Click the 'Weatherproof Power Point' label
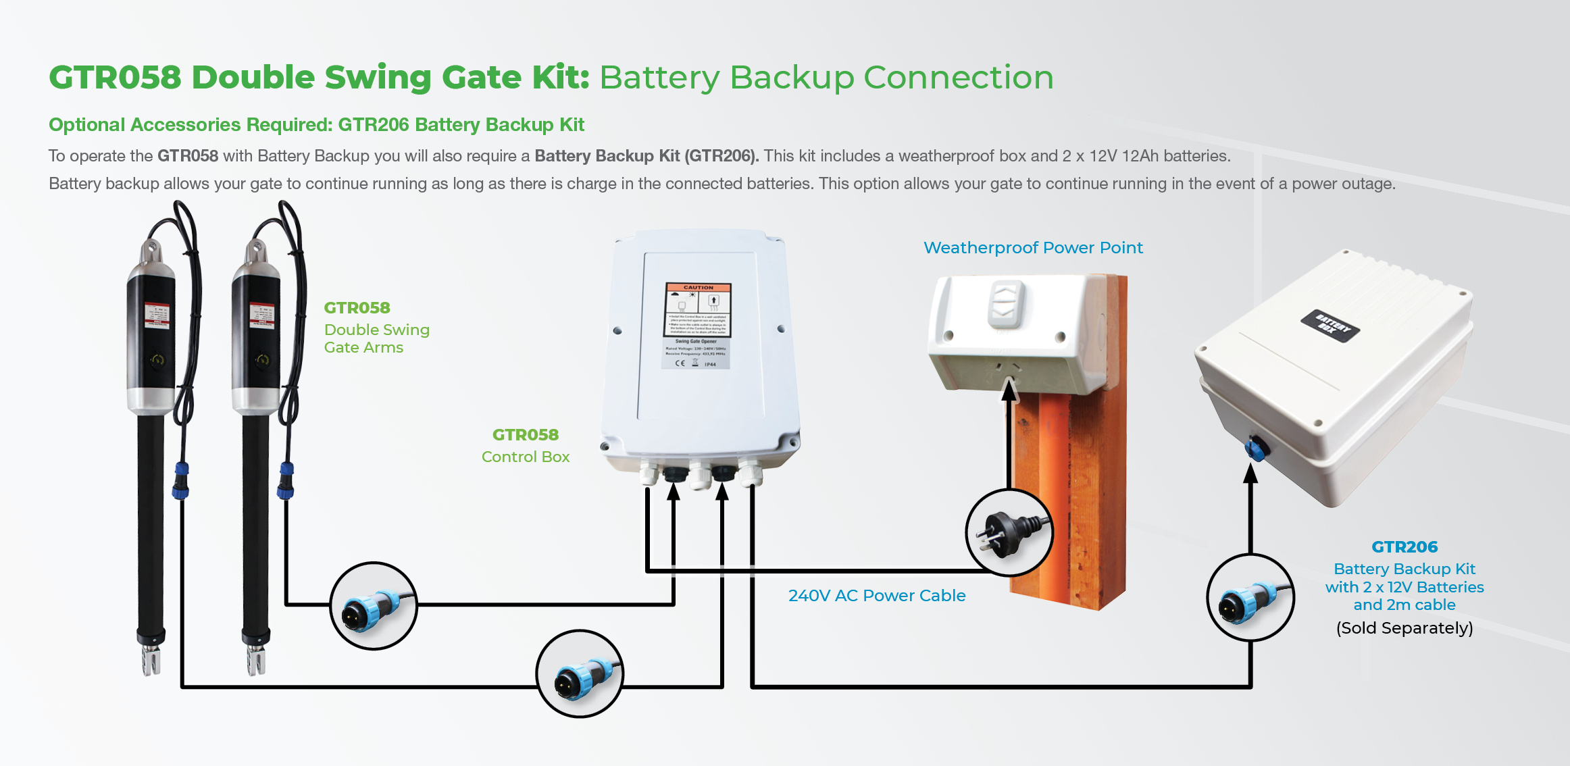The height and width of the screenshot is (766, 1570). coord(1033,248)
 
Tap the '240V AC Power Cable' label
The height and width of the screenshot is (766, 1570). coord(876,596)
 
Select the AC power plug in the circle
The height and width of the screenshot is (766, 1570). coord(1009,532)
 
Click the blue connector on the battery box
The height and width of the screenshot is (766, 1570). coord(1257,449)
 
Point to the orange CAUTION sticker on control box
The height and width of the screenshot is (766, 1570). coord(698,309)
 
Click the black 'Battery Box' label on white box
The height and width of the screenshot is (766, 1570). coord(1330,326)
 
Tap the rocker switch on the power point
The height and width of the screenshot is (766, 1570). coord(1006,303)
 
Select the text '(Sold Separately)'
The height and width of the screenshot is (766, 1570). coord(1404,628)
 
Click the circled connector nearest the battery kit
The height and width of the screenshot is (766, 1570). coord(1250,598)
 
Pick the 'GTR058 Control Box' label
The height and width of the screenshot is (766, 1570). coord(526,446)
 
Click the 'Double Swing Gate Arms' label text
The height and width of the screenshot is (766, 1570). coord(376,338)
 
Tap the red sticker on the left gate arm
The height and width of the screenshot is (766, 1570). coord(157,315)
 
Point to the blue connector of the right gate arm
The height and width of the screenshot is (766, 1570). coord(286,480)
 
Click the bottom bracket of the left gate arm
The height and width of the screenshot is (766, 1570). coord(151,659)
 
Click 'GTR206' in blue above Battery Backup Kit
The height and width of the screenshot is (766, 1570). coord(1404,547)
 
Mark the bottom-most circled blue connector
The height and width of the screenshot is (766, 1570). coord(580,673)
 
